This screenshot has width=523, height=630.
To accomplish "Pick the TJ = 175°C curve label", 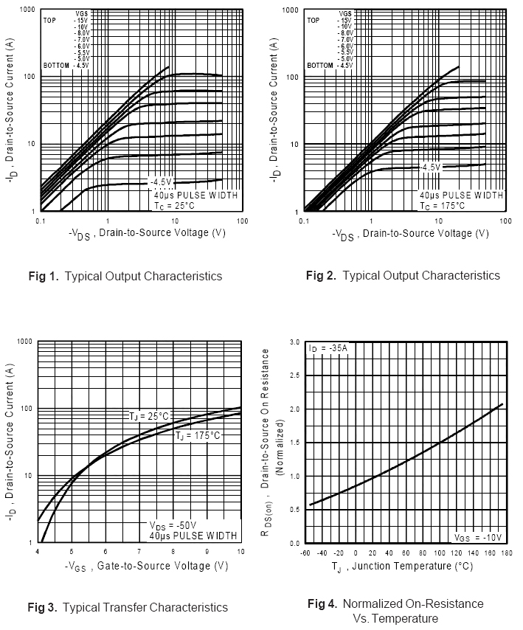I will pos(198,436).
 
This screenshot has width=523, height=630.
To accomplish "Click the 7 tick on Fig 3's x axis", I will pos(139,552).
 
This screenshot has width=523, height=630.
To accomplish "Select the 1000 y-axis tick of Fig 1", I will pos(26,10).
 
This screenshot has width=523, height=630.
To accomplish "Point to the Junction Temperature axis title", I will pos(404,567).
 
